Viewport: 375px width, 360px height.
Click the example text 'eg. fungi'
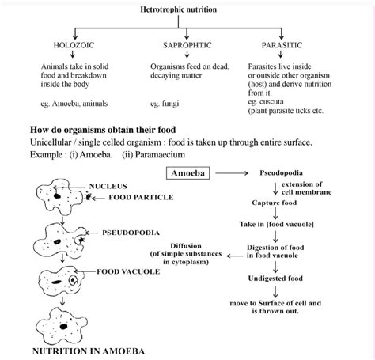coord(167,104)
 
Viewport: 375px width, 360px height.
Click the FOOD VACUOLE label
coord(128,271)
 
